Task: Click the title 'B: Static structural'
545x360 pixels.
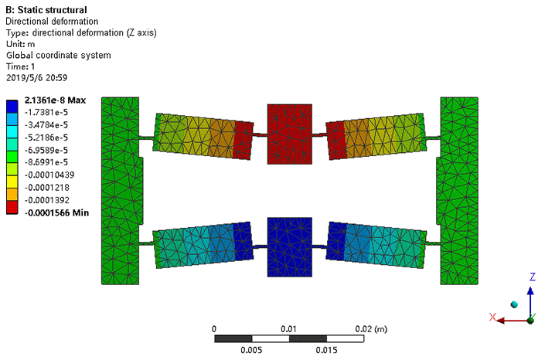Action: pos(46,10)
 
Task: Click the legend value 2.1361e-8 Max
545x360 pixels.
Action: pos(55,100)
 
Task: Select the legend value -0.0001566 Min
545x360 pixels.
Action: pos(56,212)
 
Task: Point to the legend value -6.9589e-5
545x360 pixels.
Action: pos(46,150)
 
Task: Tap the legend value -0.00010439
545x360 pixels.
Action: pos(49,175)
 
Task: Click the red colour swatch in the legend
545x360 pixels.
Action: pos(12,207)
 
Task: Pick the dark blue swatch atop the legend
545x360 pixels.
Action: pos(12,107)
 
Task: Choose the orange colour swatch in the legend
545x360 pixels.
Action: pos(12,195)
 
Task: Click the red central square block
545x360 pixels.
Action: pos(290,134)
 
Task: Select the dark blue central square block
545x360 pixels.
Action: pos(290,247)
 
